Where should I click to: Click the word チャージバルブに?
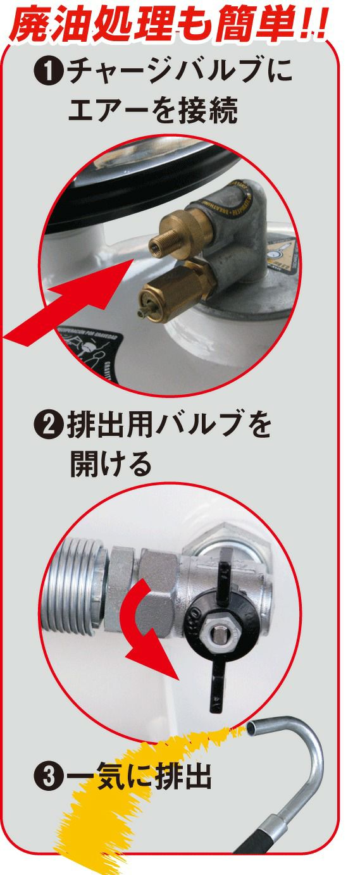click(x=180, y=73)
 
